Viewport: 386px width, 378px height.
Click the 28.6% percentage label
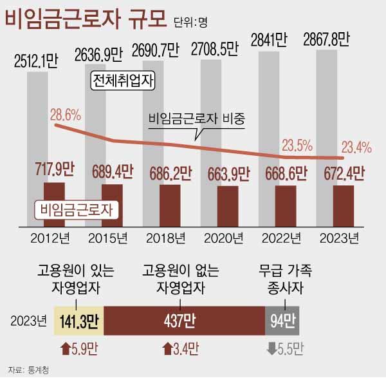coord(64,115)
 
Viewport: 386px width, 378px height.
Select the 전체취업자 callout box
coord(124,81)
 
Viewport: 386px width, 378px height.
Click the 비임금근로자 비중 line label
coord(198,119)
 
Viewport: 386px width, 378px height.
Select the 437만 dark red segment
coord(183,320)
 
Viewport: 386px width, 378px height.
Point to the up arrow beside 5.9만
coord(64,348)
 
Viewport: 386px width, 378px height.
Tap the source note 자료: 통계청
coord(29,370)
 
